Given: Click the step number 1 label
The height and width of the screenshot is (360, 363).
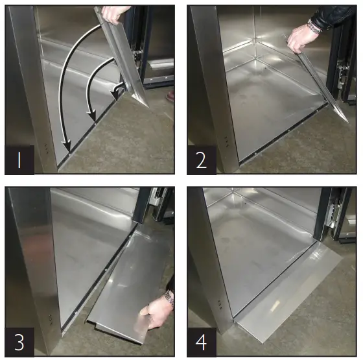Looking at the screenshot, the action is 19,160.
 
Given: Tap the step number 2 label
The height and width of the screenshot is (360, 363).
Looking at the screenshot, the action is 202,160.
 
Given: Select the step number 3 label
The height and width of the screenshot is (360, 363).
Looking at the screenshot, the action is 19,342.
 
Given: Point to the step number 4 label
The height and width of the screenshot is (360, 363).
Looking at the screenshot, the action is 202,342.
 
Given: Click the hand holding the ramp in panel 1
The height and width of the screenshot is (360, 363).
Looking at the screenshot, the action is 114,14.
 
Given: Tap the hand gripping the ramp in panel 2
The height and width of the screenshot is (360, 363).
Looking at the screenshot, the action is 301,38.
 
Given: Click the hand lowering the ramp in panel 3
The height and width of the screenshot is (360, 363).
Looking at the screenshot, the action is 154,313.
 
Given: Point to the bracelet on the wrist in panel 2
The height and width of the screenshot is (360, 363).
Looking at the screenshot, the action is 314,27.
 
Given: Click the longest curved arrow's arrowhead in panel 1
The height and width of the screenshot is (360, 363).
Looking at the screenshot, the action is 67,147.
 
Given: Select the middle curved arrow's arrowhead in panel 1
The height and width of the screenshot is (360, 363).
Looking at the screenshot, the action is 91,116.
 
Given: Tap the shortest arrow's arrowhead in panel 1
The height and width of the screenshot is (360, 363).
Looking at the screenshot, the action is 115,95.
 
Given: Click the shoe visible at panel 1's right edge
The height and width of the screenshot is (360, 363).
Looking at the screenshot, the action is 170,95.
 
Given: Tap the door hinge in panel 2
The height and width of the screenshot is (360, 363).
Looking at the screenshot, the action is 342,77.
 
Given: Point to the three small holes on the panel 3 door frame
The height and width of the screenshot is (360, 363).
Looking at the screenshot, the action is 50,319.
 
